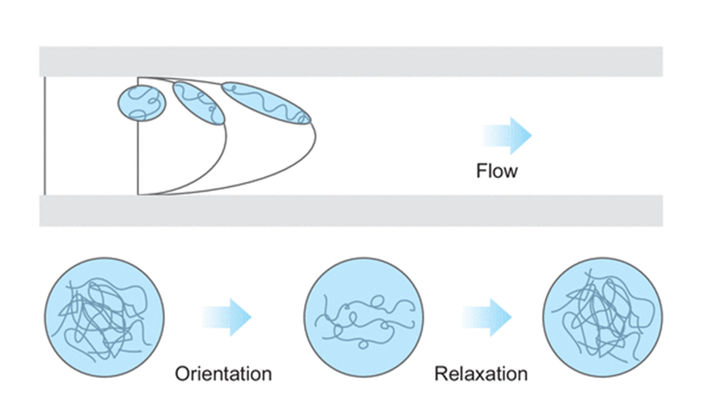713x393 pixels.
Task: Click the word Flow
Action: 497,170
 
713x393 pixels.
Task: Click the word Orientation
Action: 223,373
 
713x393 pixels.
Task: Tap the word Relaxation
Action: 481,373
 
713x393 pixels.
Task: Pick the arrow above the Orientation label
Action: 227,312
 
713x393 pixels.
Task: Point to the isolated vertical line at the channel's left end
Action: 45,136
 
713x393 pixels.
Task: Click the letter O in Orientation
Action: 183,373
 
